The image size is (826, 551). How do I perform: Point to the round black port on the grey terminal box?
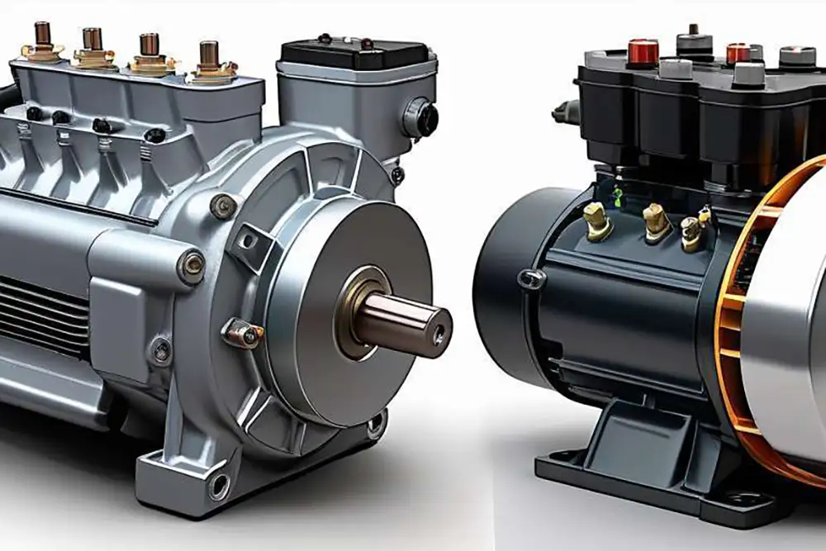[x=423, y=118]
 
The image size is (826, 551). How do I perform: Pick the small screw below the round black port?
[x=398, y=174]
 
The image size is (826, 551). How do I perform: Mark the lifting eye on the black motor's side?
[x=531, y=279]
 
